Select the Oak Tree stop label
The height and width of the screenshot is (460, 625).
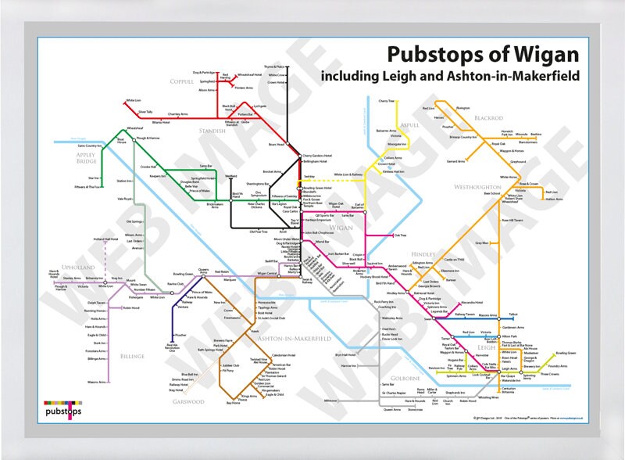click(x=401, y=235)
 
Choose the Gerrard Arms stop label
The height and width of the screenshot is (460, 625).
click(x=456, y=161)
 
